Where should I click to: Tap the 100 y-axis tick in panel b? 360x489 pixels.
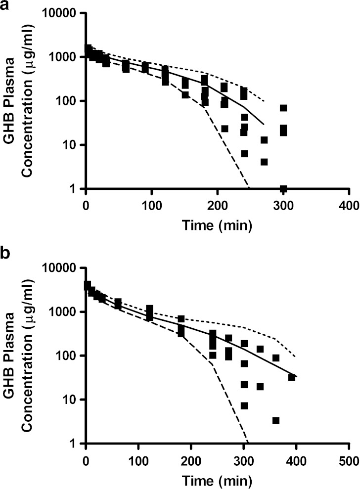tap(70, 356)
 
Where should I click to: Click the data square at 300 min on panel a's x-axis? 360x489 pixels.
tap(283, 188)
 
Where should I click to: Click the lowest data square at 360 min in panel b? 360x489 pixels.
tap(276, 420)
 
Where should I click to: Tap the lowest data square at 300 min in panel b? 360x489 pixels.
tap(244, 405)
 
